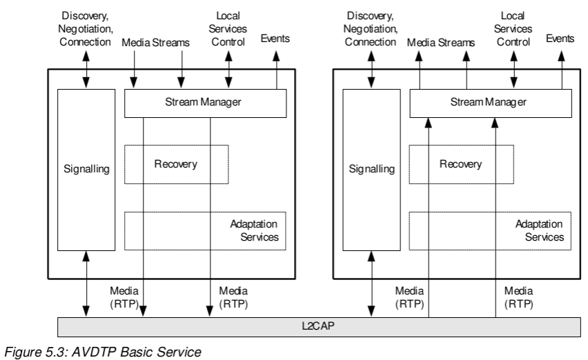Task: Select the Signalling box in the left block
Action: [86, 169]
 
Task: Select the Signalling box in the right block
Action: [372, 169]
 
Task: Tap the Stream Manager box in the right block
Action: [491, 103]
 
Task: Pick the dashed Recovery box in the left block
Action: [176, 164]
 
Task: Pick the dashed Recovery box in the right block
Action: [462, 164]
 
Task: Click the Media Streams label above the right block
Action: [442, 43]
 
